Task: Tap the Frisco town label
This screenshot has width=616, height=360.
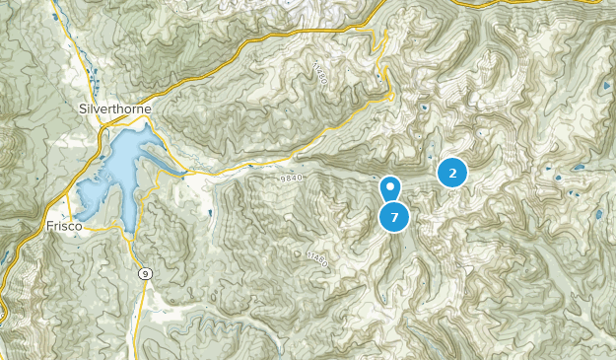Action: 62,226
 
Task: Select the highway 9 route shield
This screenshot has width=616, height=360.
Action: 145,274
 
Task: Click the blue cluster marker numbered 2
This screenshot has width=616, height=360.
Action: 452,174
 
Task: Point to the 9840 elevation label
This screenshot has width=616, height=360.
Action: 294,178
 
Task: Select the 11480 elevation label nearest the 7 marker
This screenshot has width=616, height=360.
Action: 315,258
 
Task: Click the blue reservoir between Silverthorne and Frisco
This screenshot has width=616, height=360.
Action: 113,173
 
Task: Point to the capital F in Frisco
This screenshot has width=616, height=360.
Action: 48,226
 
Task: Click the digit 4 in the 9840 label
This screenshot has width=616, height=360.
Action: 297,178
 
